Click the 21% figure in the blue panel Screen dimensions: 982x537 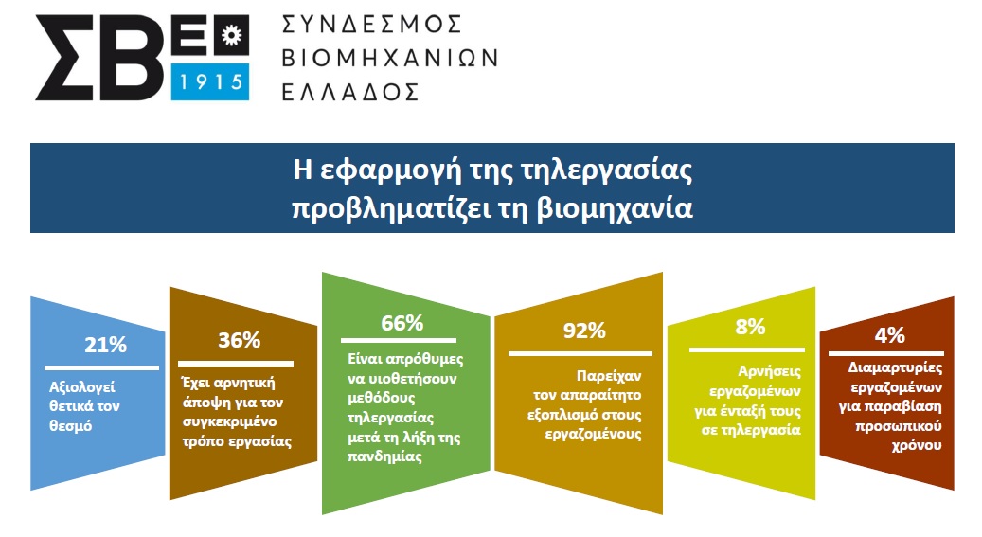click(x=105, y=345)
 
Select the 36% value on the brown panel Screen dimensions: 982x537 click(x=240, y=340)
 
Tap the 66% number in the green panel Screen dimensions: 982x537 click(x=402, y=323)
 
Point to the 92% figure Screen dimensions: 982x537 click(x=584, y=331)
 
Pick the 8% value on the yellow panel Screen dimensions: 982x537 click(x=750, y=327)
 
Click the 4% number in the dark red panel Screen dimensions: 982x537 click(x=890, y=335)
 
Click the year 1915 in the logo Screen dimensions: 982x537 click(x=211, y=81)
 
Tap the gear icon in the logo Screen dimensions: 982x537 click(x=232, y=35)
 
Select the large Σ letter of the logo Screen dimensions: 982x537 click(x=65, y=58)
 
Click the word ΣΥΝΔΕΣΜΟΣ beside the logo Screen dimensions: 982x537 click(x=371, y=25)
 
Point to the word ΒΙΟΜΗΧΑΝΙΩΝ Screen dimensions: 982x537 click(x=389, y=59)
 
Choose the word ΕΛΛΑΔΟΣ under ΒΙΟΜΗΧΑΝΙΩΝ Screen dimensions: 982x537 click(x=350, y=92)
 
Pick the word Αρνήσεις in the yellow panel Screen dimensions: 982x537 click(x=769, y=371)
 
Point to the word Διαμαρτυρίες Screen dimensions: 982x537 click(x=895, y=367)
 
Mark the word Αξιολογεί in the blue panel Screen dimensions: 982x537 click(x=82, y=387)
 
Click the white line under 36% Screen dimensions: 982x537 click(x=236, y=364)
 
